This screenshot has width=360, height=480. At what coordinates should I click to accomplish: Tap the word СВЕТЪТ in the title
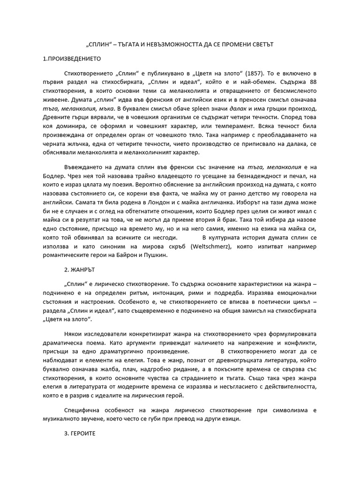coord(259,44)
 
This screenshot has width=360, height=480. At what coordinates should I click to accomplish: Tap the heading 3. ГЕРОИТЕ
coord(80,434)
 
